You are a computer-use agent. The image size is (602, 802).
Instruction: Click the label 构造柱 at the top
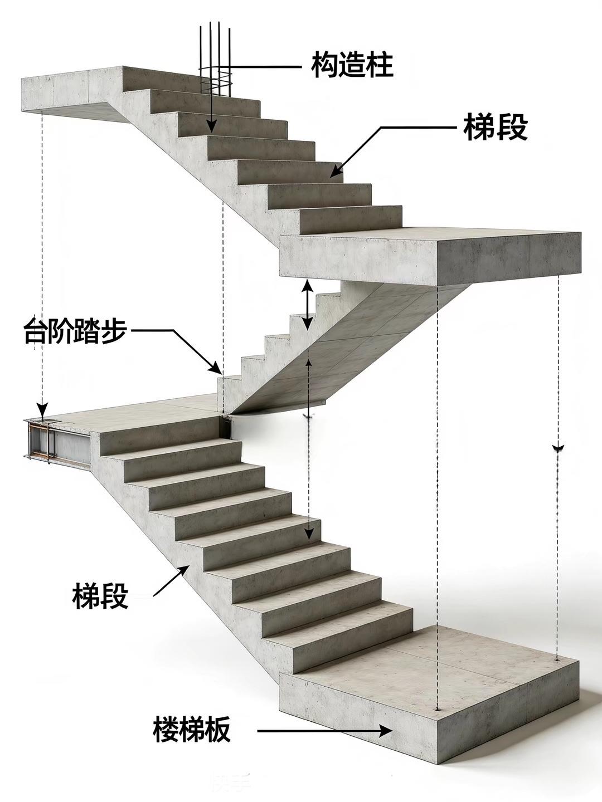click(352, 65)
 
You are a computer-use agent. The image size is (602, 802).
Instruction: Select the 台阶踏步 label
click(75, 331)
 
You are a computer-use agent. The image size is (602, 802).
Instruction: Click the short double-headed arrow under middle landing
click(307, 305)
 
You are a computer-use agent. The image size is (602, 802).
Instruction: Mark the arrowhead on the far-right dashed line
click(557, 447)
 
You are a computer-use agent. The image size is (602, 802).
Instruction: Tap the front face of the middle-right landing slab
click(357, 256)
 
